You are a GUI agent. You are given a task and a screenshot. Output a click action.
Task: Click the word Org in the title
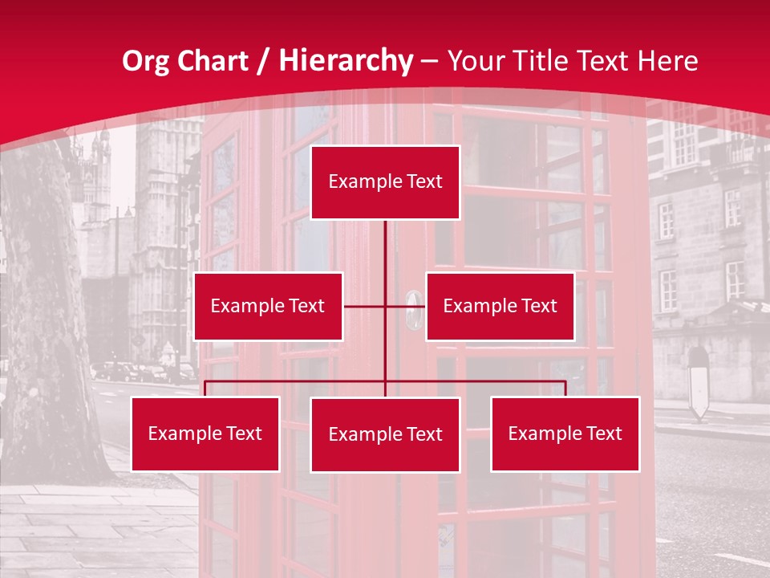pyautogui.click(x=144, y=61)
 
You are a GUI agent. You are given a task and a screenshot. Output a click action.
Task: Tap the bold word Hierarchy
pyautogui.click(x=346, y=61)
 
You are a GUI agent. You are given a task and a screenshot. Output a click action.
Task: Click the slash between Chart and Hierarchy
pyautogui.click(x=262, y=62)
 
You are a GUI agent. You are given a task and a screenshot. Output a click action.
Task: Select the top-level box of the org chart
pyautogui.click(x=385, y=182)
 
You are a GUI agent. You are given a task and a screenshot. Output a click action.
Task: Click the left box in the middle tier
pyautogui.click(x=268, y=306)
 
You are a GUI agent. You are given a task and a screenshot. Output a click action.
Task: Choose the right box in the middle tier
pyautogui.click(x=500, y=306)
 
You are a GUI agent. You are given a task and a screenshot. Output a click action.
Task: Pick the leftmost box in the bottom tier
pyautogui.click(x=205, y=433)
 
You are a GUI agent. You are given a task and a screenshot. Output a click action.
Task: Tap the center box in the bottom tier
pyautogui.click(x=385, y=434)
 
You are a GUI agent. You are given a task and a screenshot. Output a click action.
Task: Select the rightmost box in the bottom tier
pyautogui.click(x=565, y=433)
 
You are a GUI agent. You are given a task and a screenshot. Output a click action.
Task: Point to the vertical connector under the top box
pyautogui.click(x=385, y=257)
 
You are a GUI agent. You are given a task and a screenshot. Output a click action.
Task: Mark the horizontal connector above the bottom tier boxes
pyautogui.click(x=297, y=381)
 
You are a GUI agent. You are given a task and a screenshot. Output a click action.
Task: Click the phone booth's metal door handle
pyautogui.click(x=413, y=309)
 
